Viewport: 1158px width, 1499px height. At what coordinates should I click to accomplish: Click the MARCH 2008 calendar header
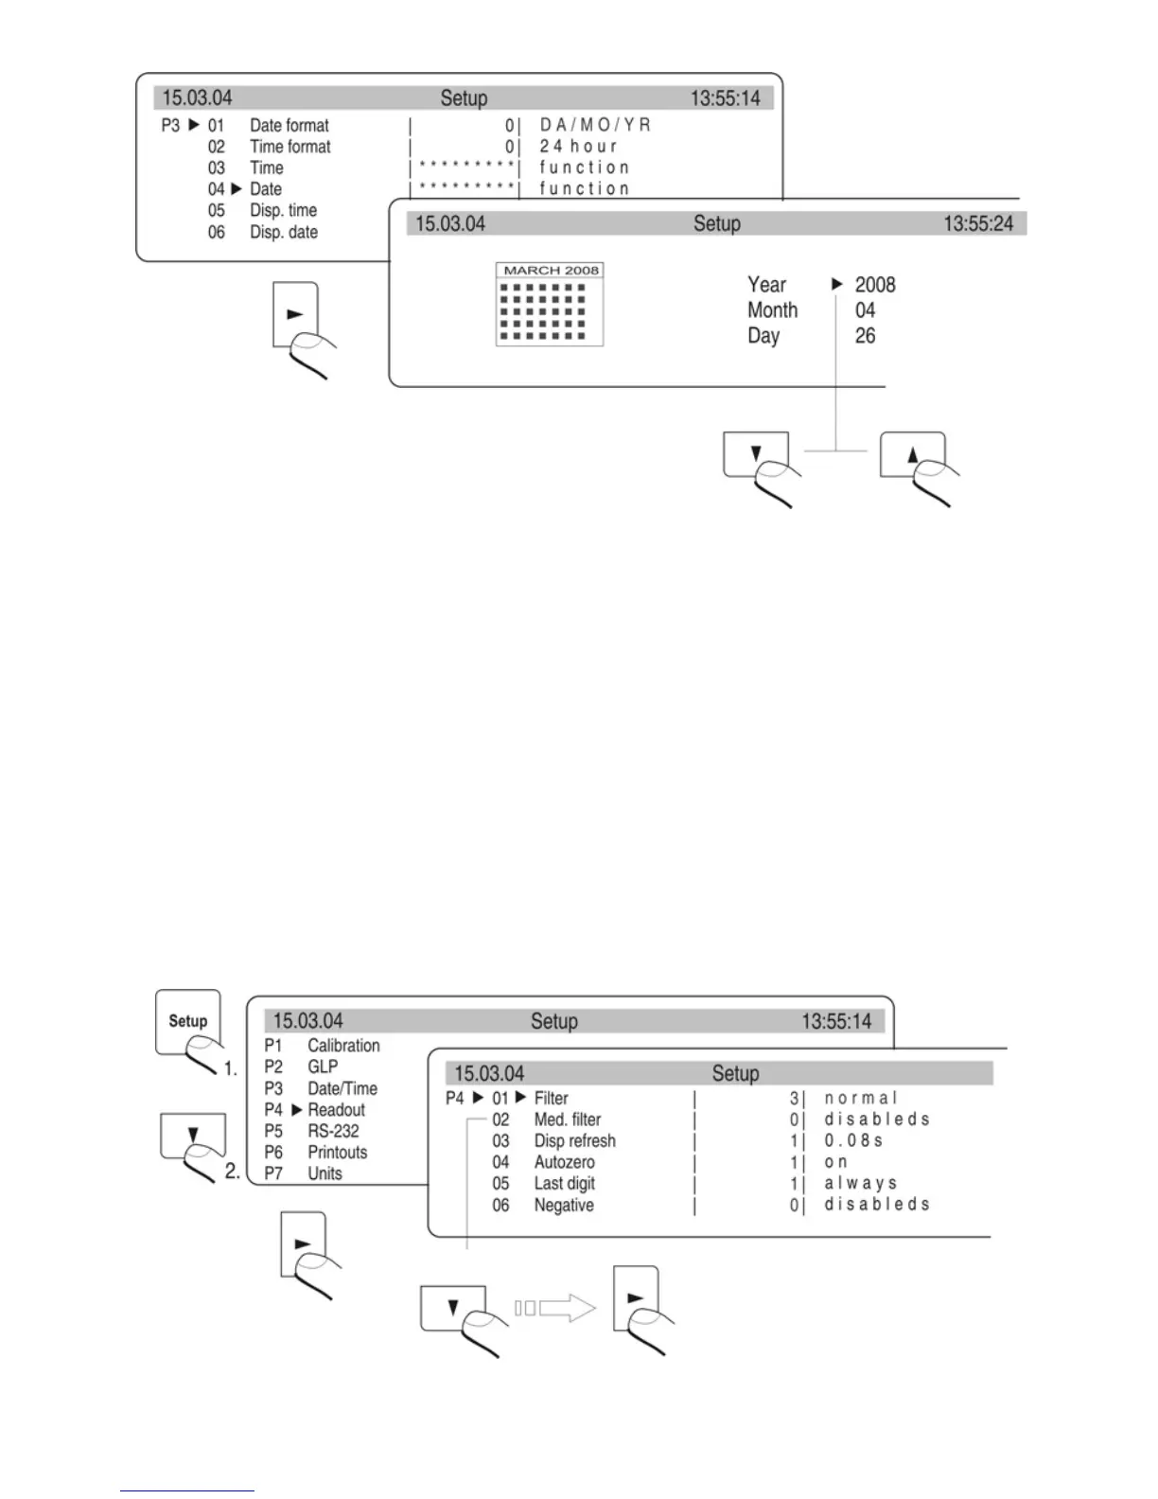(550, 271)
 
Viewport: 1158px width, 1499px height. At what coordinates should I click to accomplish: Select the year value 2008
(874, 285)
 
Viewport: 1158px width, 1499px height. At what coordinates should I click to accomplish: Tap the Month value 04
(865, 310)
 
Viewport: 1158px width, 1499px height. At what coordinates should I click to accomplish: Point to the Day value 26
(865, 336)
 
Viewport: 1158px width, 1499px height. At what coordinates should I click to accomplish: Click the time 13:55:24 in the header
(977, 224)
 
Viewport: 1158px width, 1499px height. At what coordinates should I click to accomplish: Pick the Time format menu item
(289, 147)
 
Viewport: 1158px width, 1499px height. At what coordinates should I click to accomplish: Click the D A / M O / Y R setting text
(595, 125)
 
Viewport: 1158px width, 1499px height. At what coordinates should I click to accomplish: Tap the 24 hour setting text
(578, 147)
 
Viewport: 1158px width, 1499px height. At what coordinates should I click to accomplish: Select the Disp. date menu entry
(283, 232)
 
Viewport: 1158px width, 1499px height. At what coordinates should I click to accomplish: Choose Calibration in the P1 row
(343, 1046)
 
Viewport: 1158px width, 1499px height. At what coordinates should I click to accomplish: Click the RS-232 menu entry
(333, 1131)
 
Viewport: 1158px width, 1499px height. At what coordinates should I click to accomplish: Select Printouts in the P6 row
(337, 1153)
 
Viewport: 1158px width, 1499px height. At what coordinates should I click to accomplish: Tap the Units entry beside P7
(325, 1173)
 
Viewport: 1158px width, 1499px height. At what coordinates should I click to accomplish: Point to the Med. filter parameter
(567, 1120)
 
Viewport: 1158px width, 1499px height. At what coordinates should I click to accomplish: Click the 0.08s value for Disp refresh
(853, 1141)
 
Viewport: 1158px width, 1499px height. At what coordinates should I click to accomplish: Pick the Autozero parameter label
(564, 1162)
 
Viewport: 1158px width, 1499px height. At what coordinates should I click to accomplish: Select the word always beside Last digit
(860, 1184)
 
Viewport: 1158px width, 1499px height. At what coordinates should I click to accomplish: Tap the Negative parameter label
(564, 1206)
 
